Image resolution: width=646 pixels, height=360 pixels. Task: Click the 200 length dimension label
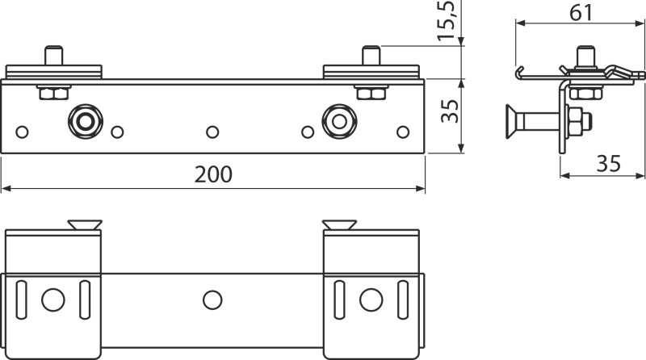[213, 174]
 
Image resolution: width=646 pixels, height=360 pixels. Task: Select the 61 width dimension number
[581, 13]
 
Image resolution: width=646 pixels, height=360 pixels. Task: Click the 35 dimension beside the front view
[450, 111]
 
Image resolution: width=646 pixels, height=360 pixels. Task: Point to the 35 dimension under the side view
[609, 164]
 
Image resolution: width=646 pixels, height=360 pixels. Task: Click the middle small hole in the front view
[212, 132]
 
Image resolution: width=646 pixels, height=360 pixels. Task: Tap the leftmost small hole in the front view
[23, 132]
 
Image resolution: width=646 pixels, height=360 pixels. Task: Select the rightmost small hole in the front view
[403, 132]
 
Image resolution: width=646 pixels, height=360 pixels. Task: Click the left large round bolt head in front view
[86, 122]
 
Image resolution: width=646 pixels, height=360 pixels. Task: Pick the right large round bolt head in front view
[339, 122]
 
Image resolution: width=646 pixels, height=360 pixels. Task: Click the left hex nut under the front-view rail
[54, 93]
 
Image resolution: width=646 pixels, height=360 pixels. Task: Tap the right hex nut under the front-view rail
[371, 93]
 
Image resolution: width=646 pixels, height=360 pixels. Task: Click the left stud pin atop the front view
[53, 56]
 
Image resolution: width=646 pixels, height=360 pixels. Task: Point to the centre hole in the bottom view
[212, 299]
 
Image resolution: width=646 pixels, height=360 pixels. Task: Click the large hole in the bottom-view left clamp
[53, 299]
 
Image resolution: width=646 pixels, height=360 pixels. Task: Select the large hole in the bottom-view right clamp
[371, 299]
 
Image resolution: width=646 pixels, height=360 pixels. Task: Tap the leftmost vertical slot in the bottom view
[22, 299]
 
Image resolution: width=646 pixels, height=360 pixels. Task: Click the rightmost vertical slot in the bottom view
[403, 299]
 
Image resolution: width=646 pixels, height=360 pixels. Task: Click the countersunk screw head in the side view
[511, 122]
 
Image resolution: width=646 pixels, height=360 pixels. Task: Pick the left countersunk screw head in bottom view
[85, 225]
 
